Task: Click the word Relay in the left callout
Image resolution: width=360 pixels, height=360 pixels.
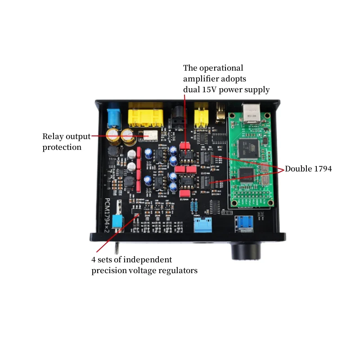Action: click(53, 136)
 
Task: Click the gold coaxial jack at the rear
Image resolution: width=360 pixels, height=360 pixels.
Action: click(220, 112)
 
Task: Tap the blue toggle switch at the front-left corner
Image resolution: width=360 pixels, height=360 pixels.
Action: click(118, 221)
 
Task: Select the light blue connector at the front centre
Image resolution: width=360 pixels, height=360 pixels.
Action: click(202, 224)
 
